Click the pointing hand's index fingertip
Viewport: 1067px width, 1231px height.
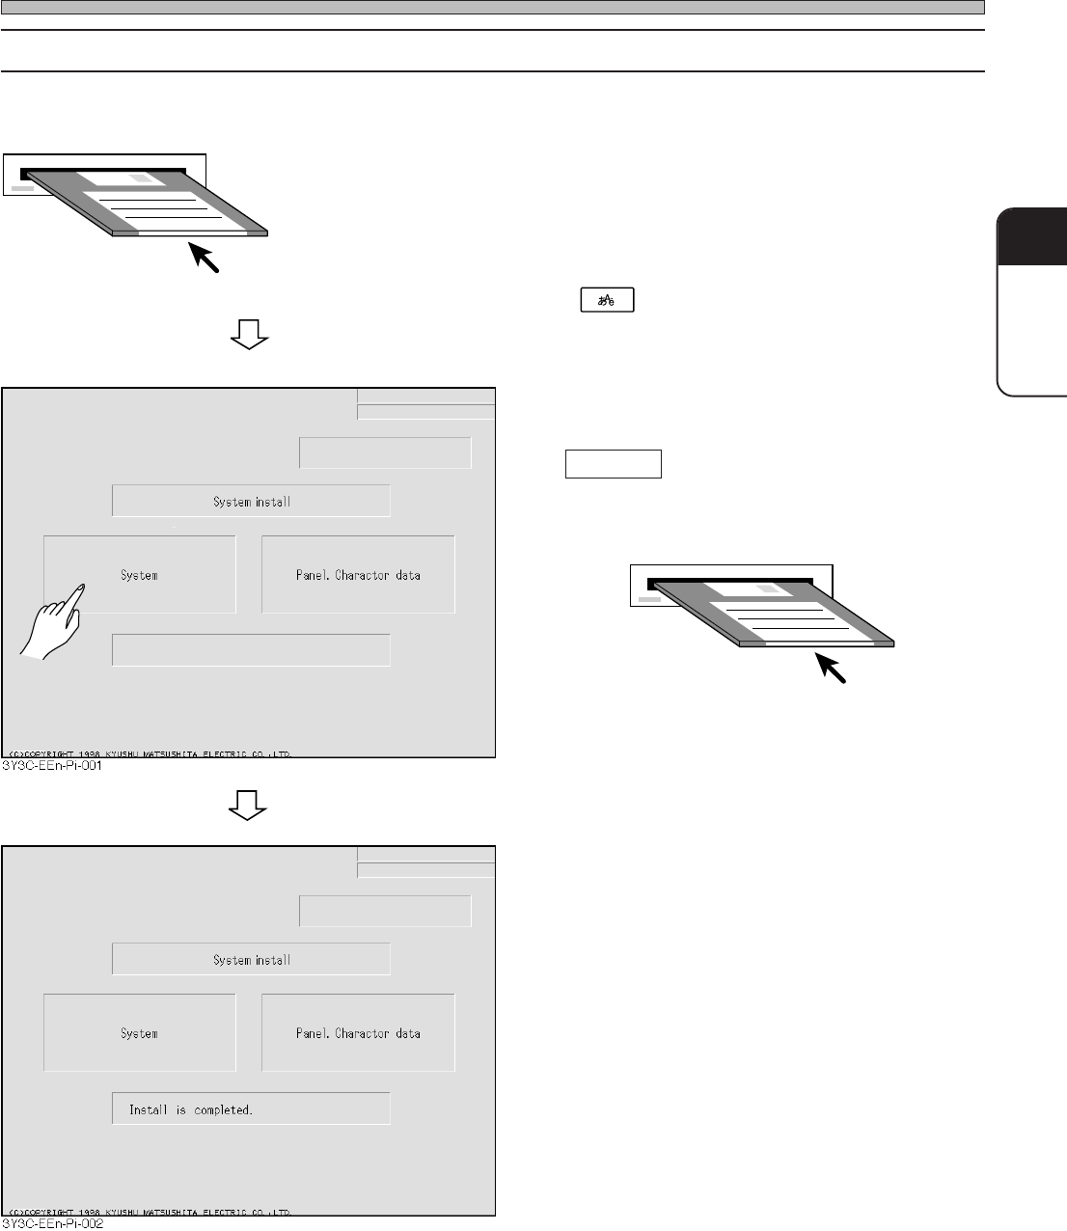tap(83, 587)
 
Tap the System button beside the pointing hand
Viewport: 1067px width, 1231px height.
tap(140, 575)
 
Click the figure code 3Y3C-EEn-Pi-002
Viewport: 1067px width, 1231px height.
tap(54, 1224)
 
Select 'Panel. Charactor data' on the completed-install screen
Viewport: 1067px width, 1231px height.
tap(358, 1033)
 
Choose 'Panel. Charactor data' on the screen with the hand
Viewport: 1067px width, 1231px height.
tap(358, 575)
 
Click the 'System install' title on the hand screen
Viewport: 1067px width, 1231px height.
tap(251, 502)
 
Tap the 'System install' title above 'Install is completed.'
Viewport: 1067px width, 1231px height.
tap(251, 960)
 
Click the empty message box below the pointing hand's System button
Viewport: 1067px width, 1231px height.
tap(251, 650)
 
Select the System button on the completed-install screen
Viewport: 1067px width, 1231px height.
tap(140, 1033)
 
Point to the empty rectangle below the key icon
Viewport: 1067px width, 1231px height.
tap(613, 464)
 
